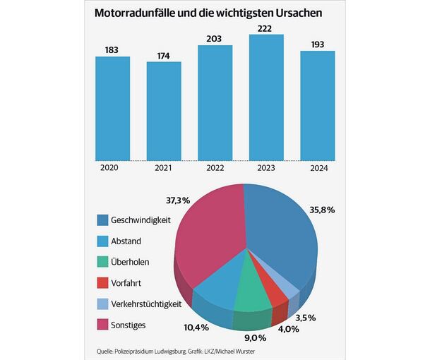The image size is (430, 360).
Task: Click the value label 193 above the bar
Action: pos(317,44)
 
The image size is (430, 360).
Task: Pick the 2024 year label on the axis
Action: pos(317,167)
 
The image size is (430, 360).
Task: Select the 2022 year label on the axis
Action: pos(215,167)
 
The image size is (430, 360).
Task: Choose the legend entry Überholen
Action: pos(135,262)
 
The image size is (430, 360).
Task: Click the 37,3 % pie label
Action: pos(177,200)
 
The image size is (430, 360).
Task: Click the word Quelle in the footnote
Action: pos(108,351)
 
